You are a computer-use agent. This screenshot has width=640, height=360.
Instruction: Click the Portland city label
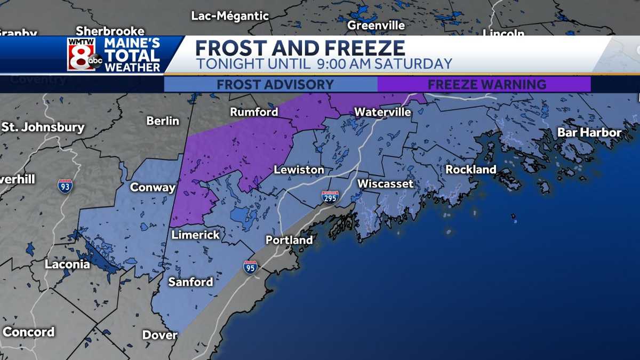tap(289, 241)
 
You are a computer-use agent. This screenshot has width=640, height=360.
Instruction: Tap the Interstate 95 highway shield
tap(251, 267)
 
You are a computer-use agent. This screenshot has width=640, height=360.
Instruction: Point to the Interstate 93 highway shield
tap(65, 186)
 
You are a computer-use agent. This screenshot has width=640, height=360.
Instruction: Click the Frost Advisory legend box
tap(270, 85)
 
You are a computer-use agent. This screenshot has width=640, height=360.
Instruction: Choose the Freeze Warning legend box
tap(484, 85)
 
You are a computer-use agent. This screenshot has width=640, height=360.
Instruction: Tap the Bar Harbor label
tap(589, 132)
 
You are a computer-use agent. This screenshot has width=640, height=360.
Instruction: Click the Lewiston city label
tap(299, 170)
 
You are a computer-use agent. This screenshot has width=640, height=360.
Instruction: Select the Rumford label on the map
tap(254, 112)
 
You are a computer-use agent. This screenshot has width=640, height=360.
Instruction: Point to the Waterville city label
tap(382, 113)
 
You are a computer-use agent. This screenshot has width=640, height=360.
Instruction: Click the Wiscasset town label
tap(385, 184)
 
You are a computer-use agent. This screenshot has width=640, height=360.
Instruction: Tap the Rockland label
tap(470, 170)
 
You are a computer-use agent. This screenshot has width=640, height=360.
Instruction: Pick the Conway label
tap(153, 188)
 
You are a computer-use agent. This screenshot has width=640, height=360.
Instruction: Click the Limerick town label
tap(195, 235)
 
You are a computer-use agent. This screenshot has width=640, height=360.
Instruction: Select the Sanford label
tap(190, 282)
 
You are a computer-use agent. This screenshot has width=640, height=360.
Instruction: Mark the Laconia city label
tap(67, 265)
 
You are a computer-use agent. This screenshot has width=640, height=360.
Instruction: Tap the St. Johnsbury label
tap(43, 127)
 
